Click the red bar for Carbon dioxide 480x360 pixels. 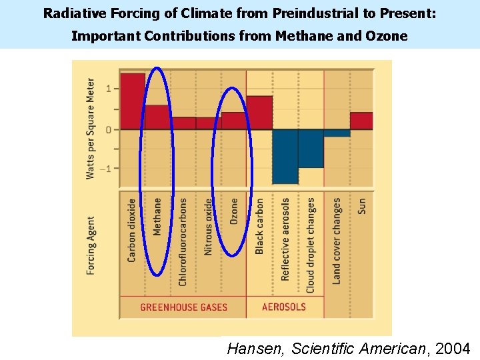click(132, 101)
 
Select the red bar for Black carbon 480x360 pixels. click(259, 113)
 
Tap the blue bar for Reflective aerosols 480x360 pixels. click(285, 156)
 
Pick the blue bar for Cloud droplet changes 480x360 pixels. click(311, 148)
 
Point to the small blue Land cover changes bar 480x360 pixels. click(337, 133)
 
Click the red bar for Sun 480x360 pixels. click(361, 121)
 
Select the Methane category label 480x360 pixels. click(157, 216)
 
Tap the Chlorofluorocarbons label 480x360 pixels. click(183, 241)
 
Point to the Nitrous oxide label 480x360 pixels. click(208, 227)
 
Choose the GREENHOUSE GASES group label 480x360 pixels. click(183, 307)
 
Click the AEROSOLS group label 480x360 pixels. click(284, 307)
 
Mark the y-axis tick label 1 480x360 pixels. click(108, 89)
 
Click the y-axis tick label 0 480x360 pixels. click(108, 129)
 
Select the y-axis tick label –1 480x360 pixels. click(106, 169)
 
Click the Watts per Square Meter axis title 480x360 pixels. click(90, 129)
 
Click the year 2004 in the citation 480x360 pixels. click(453, 348)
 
